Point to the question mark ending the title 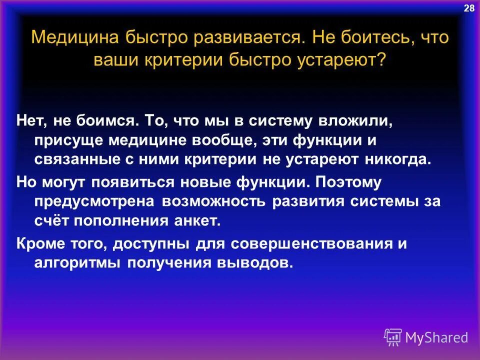click(x=382, y=61)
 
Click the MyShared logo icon click(x=393, y=337)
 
